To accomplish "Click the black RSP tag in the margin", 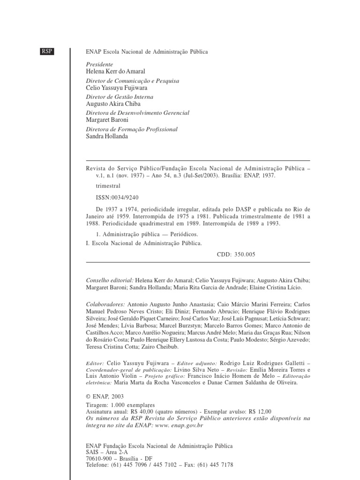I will (x=47, y=51).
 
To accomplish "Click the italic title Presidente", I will (x=100, y=65).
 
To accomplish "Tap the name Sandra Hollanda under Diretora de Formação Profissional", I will (x=107, y=136).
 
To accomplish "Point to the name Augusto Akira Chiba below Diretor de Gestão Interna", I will (x=113, y=104).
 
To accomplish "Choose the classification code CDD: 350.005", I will (x=237, y=254).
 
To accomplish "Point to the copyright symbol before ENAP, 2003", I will (x=89, y=396).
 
